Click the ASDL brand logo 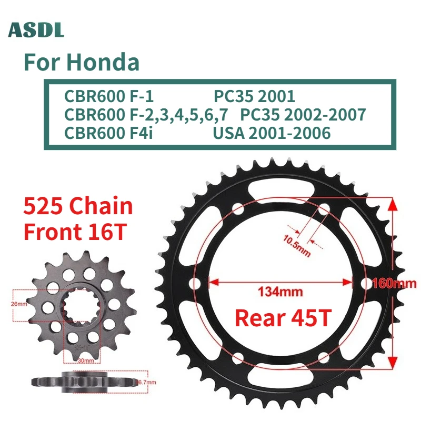36,30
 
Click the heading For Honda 82,63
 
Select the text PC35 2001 254,97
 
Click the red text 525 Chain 78,206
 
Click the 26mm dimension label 18,304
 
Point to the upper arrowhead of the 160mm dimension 392,202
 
